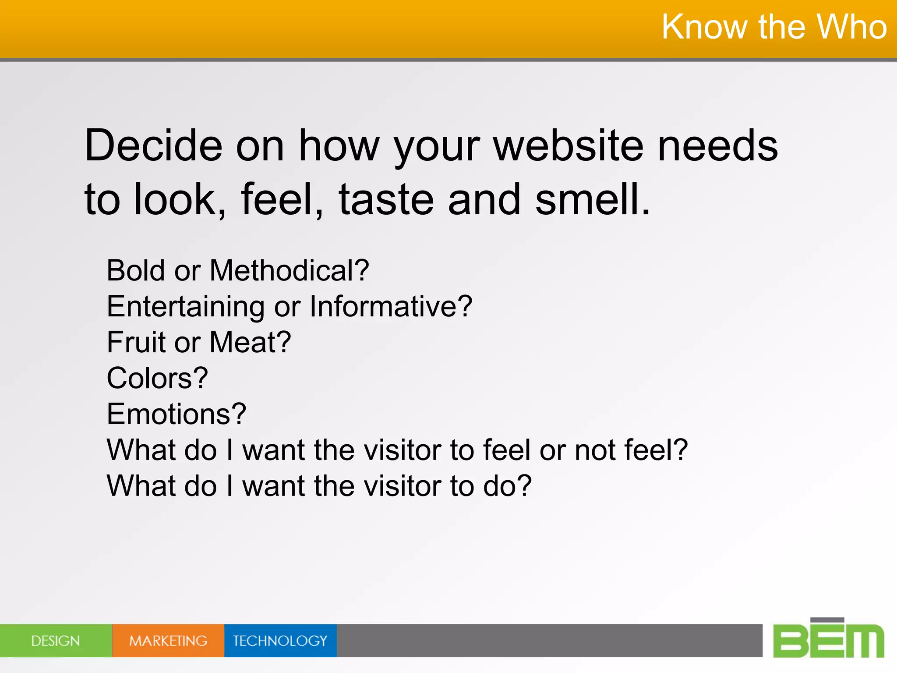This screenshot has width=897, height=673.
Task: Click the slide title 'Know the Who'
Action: coord(774,27)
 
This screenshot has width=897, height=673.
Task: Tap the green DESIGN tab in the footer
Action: coord(56,641)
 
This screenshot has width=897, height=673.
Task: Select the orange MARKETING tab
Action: coord(168,641)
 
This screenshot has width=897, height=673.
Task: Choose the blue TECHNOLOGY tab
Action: coord(280,641)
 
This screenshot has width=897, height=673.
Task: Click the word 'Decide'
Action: coord(153,146)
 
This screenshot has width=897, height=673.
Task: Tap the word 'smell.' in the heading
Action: coord(593,200)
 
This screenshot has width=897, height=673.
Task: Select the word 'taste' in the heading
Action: coord(386,200)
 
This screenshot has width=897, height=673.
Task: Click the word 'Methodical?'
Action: coord(289,270)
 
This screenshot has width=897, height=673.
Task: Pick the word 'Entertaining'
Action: coord(186,307)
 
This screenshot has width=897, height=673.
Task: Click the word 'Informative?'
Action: coord(391,307)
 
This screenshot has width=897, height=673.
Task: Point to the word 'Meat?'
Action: coord(250,342)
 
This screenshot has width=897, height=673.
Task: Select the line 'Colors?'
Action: coord(157,378)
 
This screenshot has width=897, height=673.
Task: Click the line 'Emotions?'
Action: coord(177,414)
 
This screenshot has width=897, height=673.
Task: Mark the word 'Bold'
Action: coord(136,270)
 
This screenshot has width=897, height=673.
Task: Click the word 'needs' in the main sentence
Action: coord(718,146)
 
